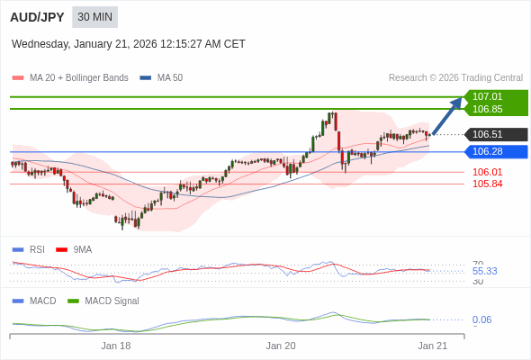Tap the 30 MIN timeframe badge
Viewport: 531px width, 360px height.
[94, 17]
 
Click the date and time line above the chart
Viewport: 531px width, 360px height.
[129, 44]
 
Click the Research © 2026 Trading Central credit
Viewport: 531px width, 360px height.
[455, 78]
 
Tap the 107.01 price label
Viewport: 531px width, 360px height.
[487, 96]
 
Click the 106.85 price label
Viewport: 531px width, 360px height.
[487, 109]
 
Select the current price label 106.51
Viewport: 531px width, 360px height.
[487, 134]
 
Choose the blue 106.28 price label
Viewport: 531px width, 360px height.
[487, 151]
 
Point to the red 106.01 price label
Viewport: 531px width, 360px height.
[487, 172]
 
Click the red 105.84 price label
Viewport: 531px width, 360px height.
[487, 184]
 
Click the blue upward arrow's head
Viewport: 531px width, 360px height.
[458, 101]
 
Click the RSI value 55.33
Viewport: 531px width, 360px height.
[484, 271]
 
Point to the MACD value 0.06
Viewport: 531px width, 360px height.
[481, 319]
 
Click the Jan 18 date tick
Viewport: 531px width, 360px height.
[116, 346]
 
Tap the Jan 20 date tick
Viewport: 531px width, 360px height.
[281, 346]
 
